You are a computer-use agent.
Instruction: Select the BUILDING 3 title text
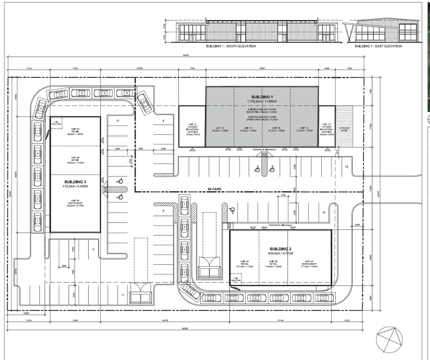click(x=75, y=182)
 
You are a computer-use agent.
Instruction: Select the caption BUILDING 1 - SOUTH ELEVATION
click(x=231, y=46)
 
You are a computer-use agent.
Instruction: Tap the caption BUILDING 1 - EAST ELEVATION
click(x=378, y=46)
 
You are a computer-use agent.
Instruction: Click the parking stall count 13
click(x=118, y=121)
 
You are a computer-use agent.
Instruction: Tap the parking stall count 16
click(x=346, y=167)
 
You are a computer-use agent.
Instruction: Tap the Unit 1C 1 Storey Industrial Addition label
click(x=192, y=129)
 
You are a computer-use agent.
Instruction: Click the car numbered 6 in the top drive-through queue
click(x=125, y=93)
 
